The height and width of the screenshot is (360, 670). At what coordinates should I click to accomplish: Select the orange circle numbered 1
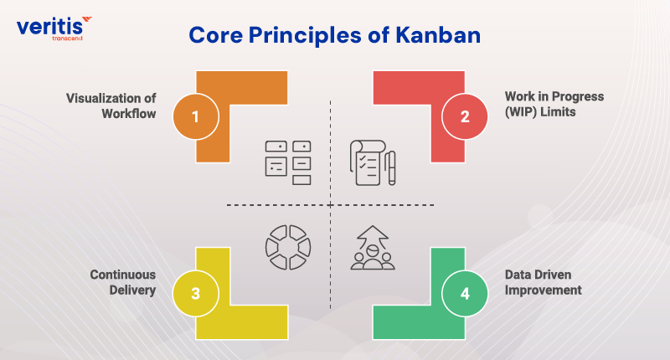[x=195, y=116]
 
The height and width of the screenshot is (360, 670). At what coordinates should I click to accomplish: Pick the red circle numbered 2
[x=465, y=116]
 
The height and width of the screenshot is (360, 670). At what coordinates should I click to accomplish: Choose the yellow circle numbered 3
[x=195, y=293]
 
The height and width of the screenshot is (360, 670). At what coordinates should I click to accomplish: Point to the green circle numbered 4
[x=465, y=293]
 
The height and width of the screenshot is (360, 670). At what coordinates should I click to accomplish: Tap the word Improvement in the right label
[x=547, y=290]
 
